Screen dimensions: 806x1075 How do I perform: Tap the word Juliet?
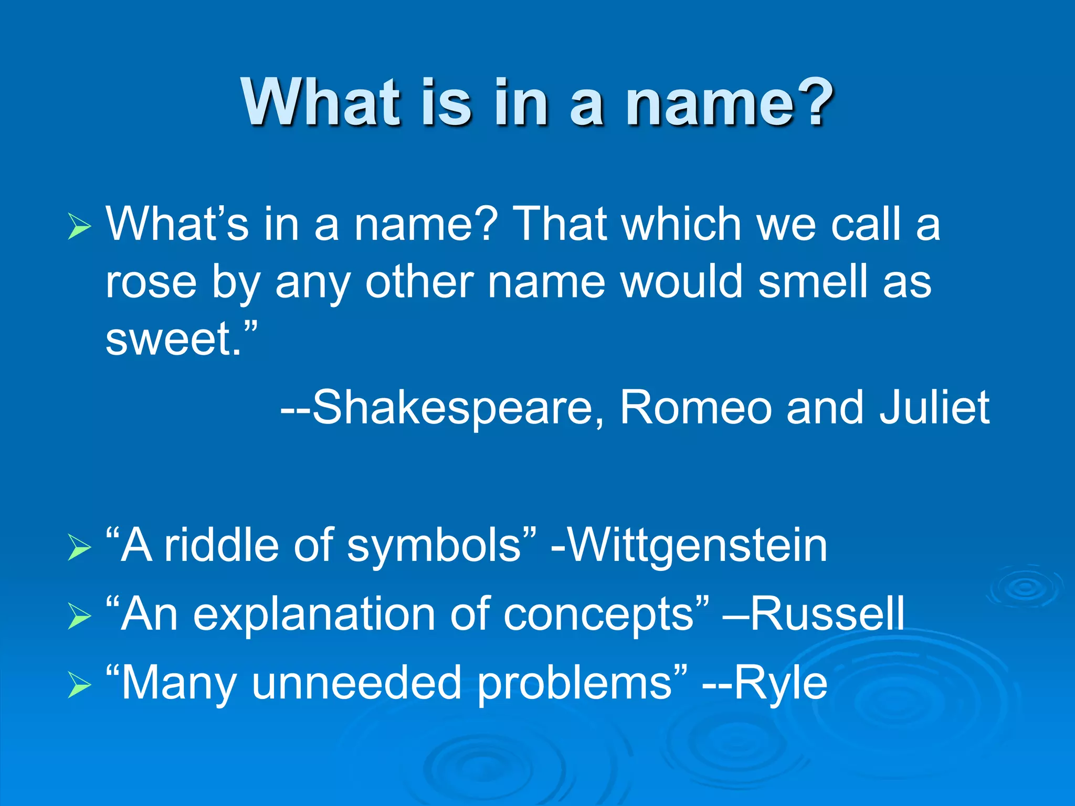click(934, 408)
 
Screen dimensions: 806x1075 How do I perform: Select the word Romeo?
click(696, 408)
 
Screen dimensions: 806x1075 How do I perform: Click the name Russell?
click(828, 614)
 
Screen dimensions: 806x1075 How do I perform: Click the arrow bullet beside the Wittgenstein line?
click(79, 548)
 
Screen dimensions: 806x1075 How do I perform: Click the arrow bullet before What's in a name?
click(79, 227)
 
